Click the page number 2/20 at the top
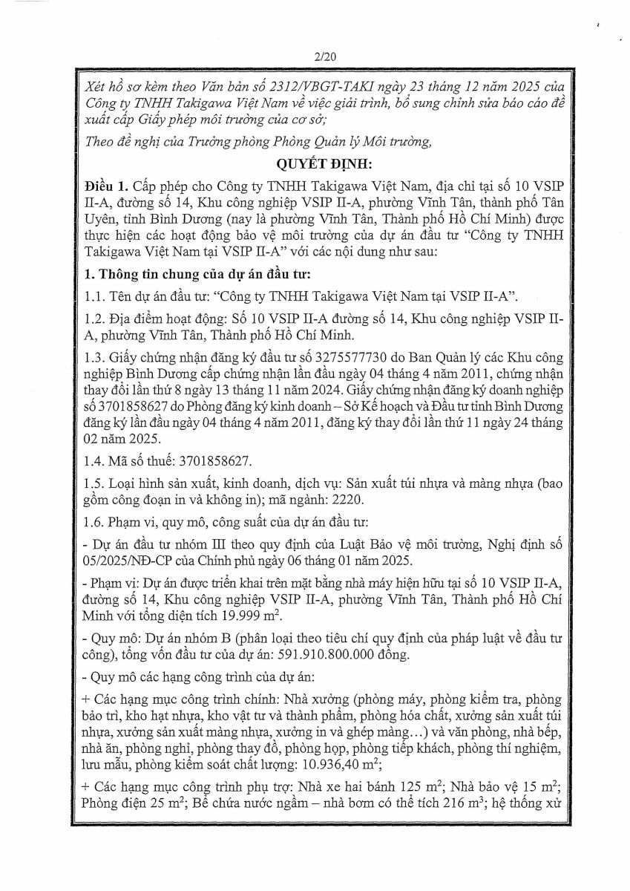[315, 56]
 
